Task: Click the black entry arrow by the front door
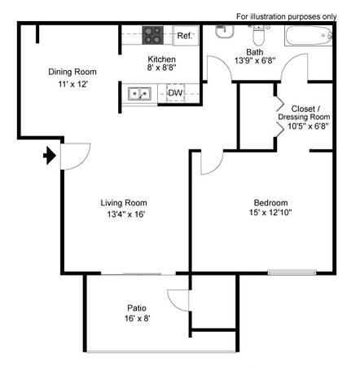click(50, 156)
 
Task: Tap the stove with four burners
click(153, 35)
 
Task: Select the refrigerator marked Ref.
click(186, 35)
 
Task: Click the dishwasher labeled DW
click(175, 93)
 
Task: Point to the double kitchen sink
click(139, 94)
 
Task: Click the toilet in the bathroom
click(259, 35)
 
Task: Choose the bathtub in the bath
click(309, 36)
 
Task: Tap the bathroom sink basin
click(225, 32)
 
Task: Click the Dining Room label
click(72, 72)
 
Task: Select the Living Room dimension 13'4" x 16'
click(126, 214)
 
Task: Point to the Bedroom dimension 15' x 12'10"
click(270, 212)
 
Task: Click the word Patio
click(137, 308)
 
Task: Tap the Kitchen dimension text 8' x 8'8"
click(162, 68)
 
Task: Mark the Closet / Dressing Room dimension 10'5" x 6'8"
click(309, 126)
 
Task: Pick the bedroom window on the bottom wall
click(292, 272)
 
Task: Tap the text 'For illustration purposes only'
click(287, 16)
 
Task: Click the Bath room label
click(255, 52)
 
